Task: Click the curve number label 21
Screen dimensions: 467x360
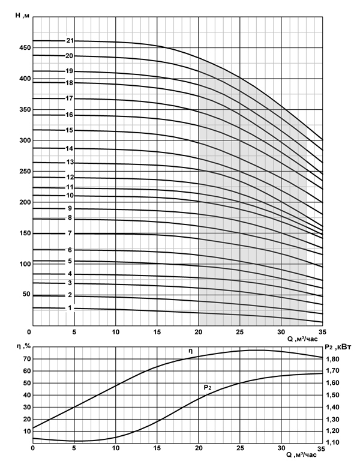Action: pyautogui.click(x=70, y=41)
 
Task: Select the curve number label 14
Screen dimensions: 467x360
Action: pyautogui.click(x=70, y=148)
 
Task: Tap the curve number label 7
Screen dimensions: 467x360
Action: pyautogui.click(x=70, y=233)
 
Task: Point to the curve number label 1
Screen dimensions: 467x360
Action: pyautogui.click(x=70, y=309)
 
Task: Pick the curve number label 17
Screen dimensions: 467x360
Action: pyautogui.click(x=70, y=98)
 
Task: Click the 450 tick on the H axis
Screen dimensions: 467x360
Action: pyautogui.click(x=23, y=47)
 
